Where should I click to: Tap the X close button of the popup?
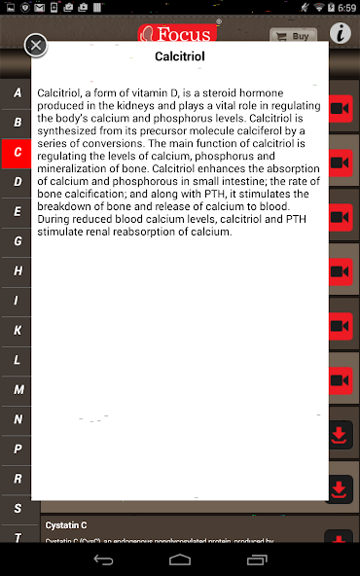[x=36, y=46]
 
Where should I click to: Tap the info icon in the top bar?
[x=340, y=33]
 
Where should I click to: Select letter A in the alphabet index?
[x=18, y=92]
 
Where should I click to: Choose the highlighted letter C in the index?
[x=18, y=152]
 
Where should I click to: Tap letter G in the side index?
[x=18, y=241]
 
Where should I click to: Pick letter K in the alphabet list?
[x=18, y=330]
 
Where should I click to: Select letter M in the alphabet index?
[x=18, y=389]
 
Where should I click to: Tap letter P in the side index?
[x=18, y=449]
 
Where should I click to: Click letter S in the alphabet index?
[x=18, y=508]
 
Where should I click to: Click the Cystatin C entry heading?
[x=66, y=525]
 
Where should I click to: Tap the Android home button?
[x=180, y=559]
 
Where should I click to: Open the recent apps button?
[x=256, y=559]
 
